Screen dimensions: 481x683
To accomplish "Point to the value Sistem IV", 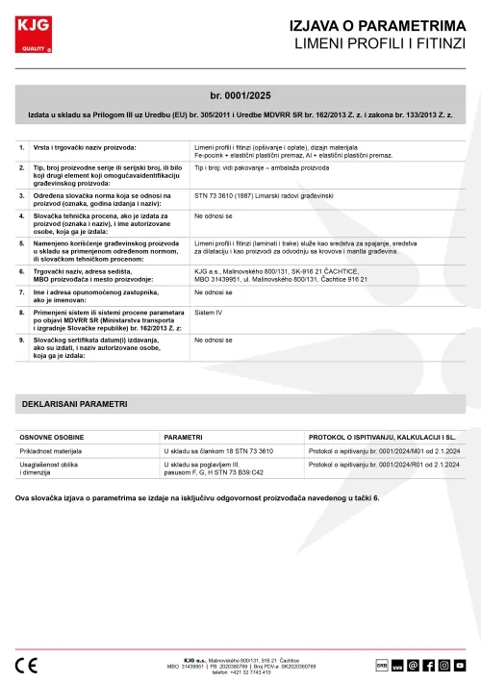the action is tap(208, 313).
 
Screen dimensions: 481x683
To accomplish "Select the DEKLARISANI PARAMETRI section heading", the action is tap(74, 404).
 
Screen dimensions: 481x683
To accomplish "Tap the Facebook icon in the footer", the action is tap(428, 665).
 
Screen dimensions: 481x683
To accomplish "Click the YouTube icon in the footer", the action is tap(460, 665).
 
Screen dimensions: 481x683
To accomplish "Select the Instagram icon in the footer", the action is tap(443, 665).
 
